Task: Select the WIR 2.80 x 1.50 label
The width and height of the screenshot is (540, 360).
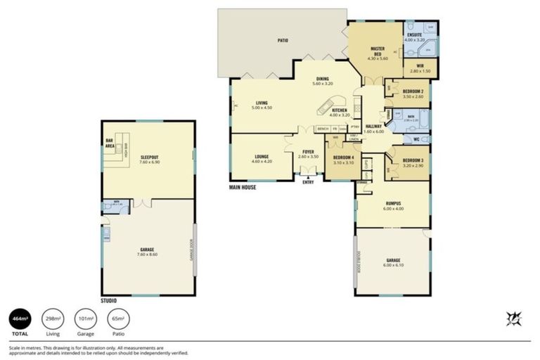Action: [x=420, y=69]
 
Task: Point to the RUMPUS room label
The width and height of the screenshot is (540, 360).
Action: [x=392, y=205]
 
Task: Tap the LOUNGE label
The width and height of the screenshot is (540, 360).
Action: [x=261, y=158]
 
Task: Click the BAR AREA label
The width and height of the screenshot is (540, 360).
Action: [x=110, y=143]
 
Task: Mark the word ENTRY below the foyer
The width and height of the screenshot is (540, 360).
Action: [x=309, y=183]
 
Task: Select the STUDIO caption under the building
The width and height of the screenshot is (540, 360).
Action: [x=109, y=300]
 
